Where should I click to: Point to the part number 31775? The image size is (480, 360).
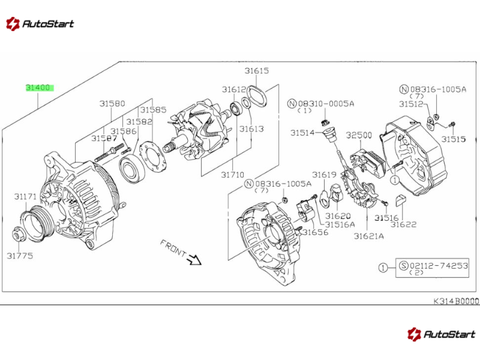[20, 255]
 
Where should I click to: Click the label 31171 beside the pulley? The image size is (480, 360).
[26, 196]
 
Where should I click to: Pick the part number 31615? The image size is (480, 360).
[256, 71]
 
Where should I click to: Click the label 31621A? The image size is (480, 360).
[368, 236]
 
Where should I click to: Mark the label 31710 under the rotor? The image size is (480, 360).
[232, 175]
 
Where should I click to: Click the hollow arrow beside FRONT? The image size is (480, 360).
[193, 259]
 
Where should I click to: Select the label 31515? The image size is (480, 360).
[454, 139]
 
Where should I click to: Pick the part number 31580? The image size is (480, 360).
[112, 103]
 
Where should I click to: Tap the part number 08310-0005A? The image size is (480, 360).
[327, 103]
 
